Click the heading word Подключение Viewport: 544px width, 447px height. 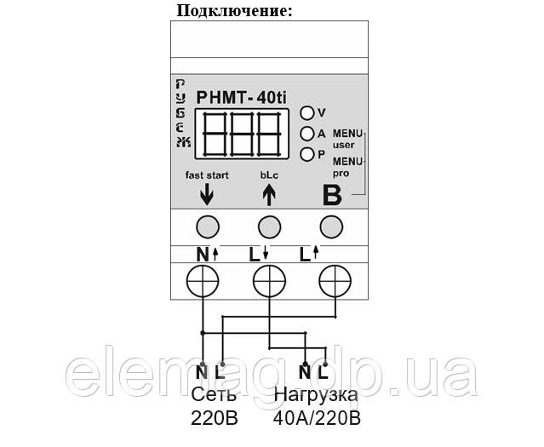(x=234, y=11)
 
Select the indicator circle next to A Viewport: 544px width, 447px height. (x=306, y=134)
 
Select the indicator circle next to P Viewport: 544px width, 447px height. (x=306, y=154)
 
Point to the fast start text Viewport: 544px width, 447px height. (x=206, y=175)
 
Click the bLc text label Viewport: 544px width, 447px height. (x=269, y=175)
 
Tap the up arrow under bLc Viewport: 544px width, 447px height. (x=269, y=196)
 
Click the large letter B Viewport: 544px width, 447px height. (x=331, y=195)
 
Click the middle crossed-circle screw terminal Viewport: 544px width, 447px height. (x=269, y=279)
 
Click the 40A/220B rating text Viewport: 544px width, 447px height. (x=317, y=419)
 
